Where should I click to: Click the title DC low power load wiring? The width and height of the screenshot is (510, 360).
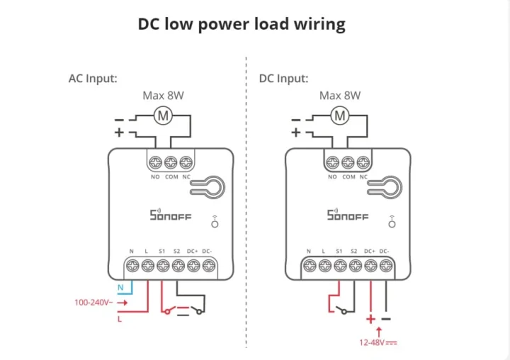[x=242, y=24]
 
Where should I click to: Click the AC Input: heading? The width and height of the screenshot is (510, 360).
[x=93, y=78]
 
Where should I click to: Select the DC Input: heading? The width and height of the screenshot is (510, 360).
[x=284, y=78]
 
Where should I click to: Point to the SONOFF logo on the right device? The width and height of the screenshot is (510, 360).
[x=348, y=214]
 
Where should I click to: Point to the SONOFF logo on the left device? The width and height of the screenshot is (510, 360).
[x=171, y=214]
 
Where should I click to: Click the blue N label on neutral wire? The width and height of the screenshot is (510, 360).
[x=120, y=288]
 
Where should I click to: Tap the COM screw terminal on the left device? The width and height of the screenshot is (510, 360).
[x=171, y=162]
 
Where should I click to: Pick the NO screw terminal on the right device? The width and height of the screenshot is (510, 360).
[x=332, y=162]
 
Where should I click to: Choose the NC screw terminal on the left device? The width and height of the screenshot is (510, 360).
[x=186, y=162]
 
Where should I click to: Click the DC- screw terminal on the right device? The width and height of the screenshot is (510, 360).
[x=385, y=266]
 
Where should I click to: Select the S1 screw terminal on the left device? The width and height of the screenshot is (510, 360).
[x=163, y=266]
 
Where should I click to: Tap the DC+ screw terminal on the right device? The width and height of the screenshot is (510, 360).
[x=370, y=266]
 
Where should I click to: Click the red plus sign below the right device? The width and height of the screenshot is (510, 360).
[x=370, y=319]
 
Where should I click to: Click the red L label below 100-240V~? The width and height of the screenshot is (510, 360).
[x=120, y=319]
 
